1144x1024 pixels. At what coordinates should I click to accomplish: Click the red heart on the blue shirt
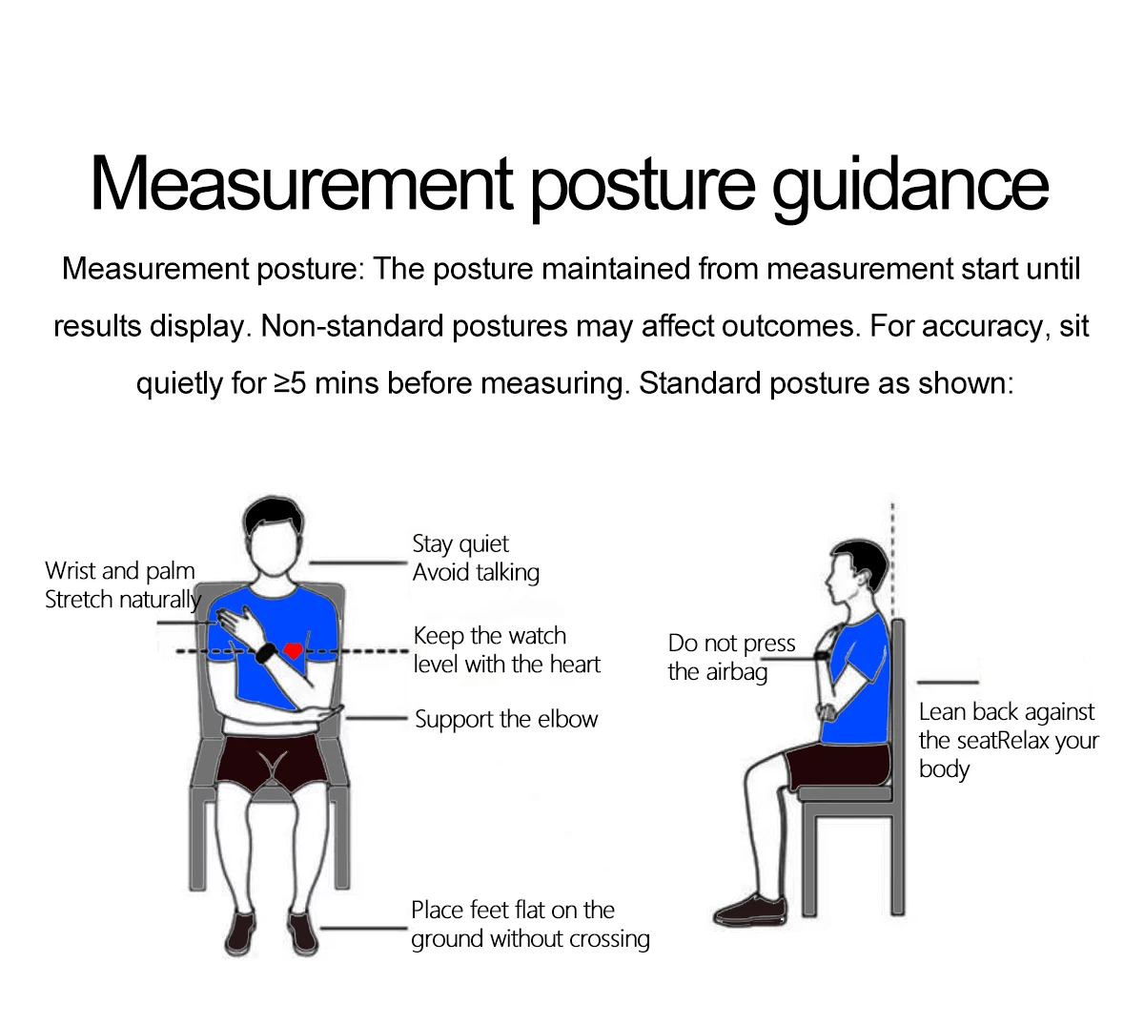(x=293, y=650)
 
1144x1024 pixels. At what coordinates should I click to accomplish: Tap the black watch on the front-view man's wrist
(x=265, y=652)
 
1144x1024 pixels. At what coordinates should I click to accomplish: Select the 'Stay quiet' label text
(x=460, y=543)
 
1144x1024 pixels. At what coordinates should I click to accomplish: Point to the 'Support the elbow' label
(x=506, y=719)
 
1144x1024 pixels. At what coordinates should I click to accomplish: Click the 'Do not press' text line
(x=731, y=643)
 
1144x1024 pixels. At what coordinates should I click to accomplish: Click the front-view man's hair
(x=274, y=514)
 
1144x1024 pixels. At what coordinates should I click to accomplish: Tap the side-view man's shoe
(x=750, y=910)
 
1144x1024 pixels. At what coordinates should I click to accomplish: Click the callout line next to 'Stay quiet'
(x=358, y=563)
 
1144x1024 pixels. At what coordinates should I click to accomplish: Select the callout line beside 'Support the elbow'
(x=376, y=718)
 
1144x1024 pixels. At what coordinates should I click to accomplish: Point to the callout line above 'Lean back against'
(x=948, y=683)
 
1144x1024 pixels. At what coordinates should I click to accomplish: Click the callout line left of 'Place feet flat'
(x=363, y=928)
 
